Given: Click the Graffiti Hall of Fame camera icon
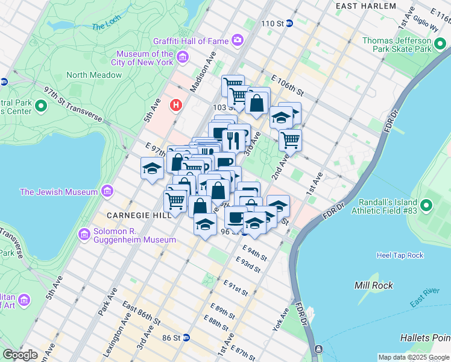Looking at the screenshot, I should (x=238, y=41).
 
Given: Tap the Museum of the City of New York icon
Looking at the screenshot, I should (x=182, y=58).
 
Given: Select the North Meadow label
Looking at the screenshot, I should (x=94, y=75).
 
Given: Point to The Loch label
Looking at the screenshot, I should (x=106, y=27).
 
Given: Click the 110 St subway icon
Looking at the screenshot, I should (x=289, y=24).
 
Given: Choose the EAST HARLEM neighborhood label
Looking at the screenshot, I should (x=366, y=6).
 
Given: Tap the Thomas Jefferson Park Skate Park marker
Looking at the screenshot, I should (x=440, y=45).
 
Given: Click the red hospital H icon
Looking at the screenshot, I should (x=176, y=106).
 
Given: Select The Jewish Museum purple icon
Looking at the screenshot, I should (x=107, y=192).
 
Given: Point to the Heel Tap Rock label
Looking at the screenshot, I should (x=400, y=255).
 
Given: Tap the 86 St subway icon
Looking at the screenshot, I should (x=186, y=338).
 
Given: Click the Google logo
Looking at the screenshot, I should (x=20, y=355).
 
